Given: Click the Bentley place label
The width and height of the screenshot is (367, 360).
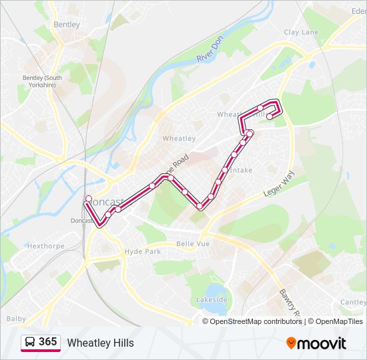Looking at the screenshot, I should pos(66,24).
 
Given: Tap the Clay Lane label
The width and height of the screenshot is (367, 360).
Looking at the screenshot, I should pos(301,32).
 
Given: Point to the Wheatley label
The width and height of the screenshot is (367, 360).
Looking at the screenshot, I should pos(179,139).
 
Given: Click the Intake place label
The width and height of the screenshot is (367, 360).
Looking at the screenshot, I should pos(241,170).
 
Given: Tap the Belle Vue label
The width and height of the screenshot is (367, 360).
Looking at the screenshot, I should pos(193,244).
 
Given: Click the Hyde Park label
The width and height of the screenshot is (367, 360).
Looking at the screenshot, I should pos(143,251).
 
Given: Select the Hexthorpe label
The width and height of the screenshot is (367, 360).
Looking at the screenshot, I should pos(45,245).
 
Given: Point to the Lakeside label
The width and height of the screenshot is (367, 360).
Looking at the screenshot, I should pos(212,300).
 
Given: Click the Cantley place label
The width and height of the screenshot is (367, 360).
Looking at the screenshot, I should pos(353,302).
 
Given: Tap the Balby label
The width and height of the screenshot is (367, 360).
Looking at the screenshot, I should pos(16,319).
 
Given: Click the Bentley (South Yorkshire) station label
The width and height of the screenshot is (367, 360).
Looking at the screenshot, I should pos(42,81).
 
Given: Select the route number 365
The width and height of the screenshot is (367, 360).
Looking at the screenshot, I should pos(47,342).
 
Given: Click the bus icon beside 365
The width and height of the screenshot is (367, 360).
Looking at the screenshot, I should pos(30,343).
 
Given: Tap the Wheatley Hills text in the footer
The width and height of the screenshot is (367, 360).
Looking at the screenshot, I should pos(100,343).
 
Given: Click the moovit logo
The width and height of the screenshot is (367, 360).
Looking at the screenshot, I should pos(316,343).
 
